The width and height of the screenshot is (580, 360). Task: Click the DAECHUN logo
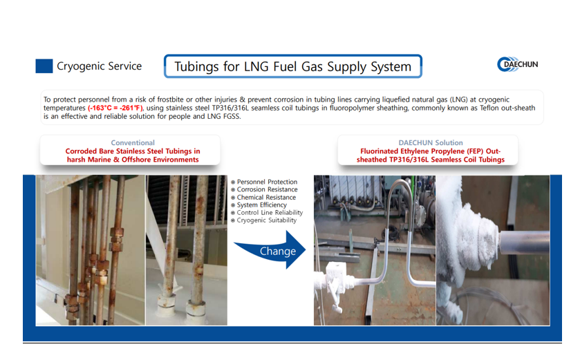[518, 64]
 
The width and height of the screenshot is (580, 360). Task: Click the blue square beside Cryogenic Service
[44, 66]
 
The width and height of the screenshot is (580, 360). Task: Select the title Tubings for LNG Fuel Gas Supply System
[292, 66]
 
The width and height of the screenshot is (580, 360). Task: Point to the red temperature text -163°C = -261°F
[115, 108]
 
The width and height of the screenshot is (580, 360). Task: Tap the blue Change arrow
[272, 250]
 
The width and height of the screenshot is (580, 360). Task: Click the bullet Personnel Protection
[264, 182]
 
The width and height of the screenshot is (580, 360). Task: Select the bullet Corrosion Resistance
[264, 189]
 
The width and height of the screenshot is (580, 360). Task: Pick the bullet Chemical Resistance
[263, 198]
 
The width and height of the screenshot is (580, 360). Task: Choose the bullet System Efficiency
[259, 205]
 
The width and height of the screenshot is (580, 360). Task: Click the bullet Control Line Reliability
[267, 213]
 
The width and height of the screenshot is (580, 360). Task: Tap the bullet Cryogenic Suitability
[264, 220]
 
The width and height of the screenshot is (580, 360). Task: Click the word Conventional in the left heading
[133, 142]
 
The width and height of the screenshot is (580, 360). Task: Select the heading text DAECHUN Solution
[431, 142]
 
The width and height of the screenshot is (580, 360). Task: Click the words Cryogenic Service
[99, 66]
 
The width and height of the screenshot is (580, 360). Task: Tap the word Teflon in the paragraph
[489, 108]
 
